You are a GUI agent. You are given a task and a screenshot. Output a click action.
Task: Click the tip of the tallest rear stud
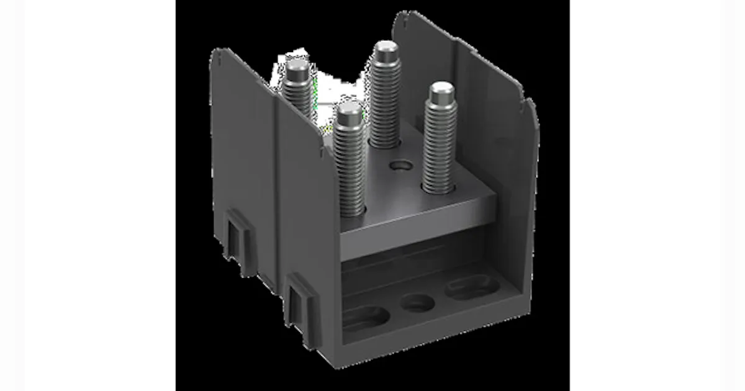point(386,47)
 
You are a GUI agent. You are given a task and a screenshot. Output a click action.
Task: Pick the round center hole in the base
point(417,303)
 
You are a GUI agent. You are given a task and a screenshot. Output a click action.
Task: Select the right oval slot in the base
point(472,287)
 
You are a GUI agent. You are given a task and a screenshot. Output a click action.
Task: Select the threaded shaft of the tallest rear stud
point(385,99)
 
